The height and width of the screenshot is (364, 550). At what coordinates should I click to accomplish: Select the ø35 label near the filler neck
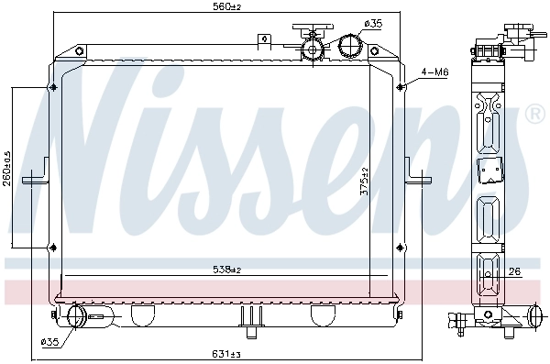(x=373, y=22)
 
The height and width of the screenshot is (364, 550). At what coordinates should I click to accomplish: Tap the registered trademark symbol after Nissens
(x=533, y=115)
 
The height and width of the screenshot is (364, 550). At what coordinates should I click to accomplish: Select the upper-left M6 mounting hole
(x=52, y=87)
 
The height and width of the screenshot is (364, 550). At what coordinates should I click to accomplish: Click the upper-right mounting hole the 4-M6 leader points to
(x=401, y=87)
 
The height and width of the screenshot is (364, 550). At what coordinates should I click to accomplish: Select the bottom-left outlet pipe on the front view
(x=75, y=317)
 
